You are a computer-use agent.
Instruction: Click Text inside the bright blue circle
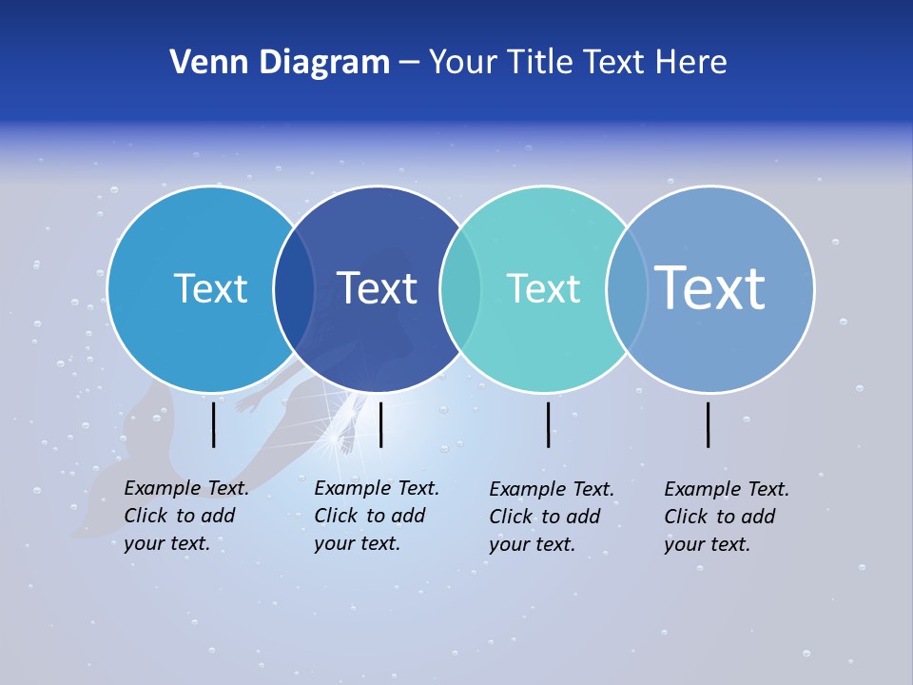(210, 288)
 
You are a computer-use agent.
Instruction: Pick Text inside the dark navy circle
(377, 288)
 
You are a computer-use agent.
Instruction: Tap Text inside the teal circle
(543, 288)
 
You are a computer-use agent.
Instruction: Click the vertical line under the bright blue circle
(214, 424)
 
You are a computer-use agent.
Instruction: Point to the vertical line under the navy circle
(380, 424)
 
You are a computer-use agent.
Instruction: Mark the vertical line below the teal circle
(548, 424)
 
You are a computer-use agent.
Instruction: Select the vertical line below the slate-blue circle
(709, 424)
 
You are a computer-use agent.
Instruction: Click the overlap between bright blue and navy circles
(294, 289)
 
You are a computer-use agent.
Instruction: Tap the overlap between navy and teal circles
(460, 289)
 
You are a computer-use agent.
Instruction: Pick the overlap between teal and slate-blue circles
(627, 289)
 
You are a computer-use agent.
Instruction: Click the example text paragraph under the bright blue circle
(186, 516)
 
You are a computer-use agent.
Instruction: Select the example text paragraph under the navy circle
(377, 516)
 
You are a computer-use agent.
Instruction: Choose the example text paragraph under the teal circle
(552, 517)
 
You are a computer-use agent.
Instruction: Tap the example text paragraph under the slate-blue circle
(727, 517)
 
